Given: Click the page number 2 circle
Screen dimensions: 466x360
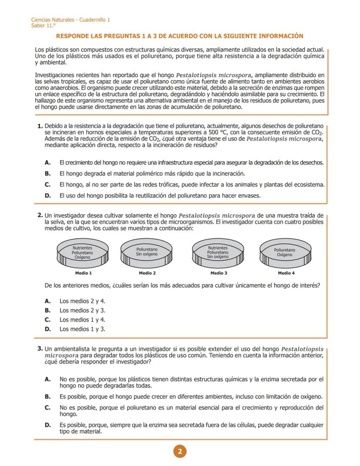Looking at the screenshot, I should point(180,451).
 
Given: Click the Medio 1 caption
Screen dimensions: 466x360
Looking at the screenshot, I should point(83,273).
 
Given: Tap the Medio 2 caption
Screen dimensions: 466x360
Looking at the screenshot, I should point(147,273).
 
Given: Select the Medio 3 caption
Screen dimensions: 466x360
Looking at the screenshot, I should point(218,273).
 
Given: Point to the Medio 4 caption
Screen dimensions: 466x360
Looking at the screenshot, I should point(286,273).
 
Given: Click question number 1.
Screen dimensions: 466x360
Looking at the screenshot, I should point(40,126).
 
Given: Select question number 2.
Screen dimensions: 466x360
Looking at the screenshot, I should point(40,215).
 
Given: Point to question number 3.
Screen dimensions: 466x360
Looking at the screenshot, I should point(40,349).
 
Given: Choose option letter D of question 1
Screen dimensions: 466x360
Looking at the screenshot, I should point(48,196).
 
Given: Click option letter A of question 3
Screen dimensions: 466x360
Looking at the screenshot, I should point(48,379).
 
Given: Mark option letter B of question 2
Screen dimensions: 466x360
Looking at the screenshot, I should point(48,311).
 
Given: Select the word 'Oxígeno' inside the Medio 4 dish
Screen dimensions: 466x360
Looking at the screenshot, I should point(285,255).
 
